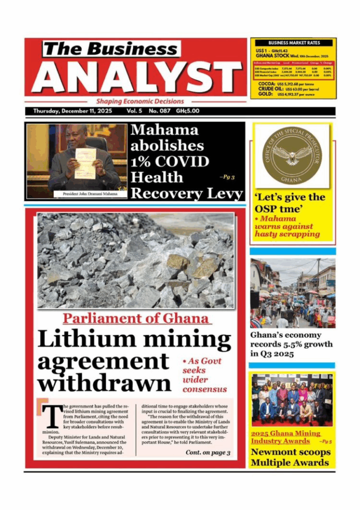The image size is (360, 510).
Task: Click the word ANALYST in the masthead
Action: pos(135,77)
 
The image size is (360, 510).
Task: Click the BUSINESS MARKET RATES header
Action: pos(294,43)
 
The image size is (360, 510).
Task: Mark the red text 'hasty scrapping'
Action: pos(286,234)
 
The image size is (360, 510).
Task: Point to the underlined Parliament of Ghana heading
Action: pos(136,319)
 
